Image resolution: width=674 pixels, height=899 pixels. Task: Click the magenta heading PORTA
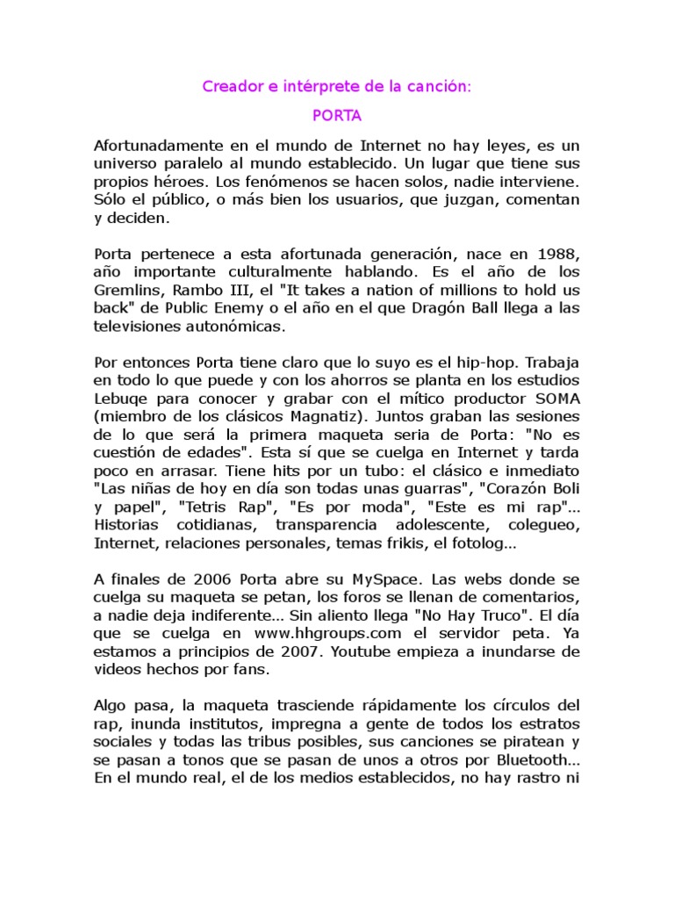pyautogui.click(x=337, y=115)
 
